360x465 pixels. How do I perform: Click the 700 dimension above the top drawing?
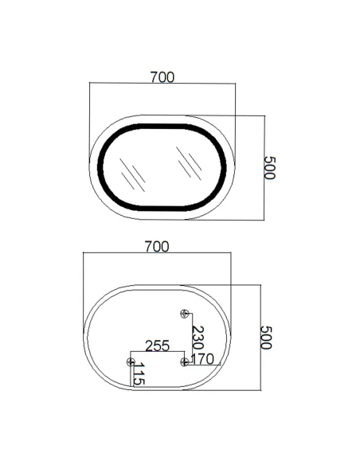162,77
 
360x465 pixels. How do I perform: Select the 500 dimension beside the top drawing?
268,167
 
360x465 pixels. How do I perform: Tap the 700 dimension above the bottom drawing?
157,247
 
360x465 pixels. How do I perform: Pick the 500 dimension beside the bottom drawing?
266,337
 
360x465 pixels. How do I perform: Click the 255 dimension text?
157,346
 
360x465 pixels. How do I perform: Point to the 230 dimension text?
198,338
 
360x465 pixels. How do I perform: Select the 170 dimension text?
202,360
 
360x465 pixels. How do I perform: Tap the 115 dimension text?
138,375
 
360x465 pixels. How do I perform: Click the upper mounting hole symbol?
185,314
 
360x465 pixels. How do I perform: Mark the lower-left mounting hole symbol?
131,362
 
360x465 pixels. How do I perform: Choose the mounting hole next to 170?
185,362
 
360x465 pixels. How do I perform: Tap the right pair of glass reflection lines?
188,162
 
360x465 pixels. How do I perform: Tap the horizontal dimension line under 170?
204,366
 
